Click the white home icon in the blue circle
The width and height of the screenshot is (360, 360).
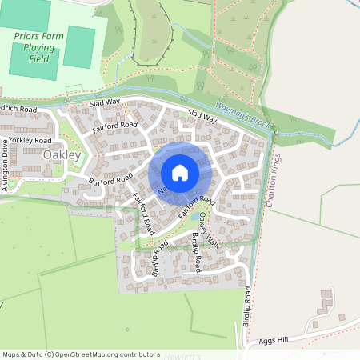179,173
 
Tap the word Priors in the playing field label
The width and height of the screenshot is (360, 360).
28,35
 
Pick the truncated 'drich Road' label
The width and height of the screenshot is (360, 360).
18,108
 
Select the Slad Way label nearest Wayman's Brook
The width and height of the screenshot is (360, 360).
202,118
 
